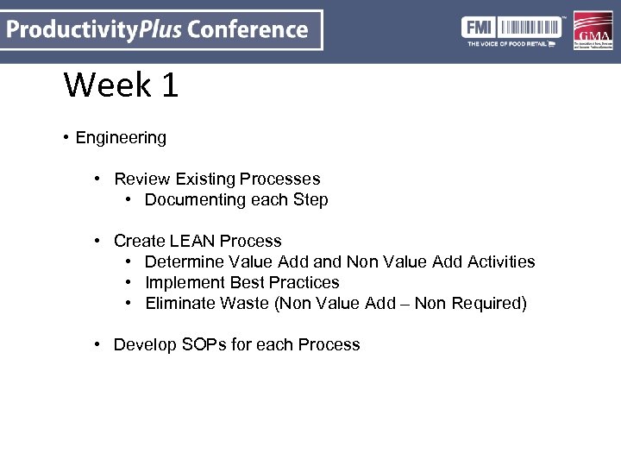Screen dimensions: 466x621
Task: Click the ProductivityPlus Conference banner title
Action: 159,30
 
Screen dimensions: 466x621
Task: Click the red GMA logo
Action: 593,30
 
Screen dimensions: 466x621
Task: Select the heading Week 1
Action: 121,85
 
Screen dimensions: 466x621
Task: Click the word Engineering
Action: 121,138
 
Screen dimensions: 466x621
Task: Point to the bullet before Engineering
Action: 66,138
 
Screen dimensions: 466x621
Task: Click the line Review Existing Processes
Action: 216,179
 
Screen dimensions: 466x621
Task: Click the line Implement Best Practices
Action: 241,283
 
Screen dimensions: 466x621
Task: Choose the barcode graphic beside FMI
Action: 527,27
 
